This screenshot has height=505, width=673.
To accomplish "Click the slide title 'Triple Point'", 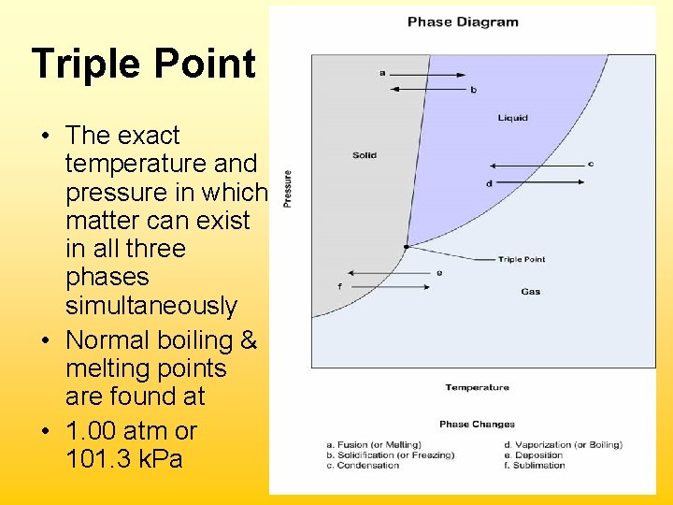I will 143,65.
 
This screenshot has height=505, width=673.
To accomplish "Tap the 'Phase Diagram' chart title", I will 463,22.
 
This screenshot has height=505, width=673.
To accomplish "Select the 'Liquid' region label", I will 512,118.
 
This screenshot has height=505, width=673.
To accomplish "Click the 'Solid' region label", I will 365,155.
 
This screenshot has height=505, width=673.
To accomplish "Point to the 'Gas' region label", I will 530,292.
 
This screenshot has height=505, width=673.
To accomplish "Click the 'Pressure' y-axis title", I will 288,188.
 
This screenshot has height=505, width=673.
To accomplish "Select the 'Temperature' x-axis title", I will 477,387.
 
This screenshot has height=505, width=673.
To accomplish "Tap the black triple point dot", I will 406,247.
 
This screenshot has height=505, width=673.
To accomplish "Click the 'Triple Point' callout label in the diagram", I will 522,259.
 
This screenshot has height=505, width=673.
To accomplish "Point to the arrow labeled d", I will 537,181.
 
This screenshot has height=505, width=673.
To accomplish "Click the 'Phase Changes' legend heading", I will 477,424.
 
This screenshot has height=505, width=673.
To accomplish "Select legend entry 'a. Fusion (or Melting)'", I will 374,444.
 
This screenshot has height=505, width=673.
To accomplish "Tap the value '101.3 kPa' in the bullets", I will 124,460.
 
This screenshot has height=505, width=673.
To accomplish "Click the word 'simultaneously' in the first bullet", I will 151,306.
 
